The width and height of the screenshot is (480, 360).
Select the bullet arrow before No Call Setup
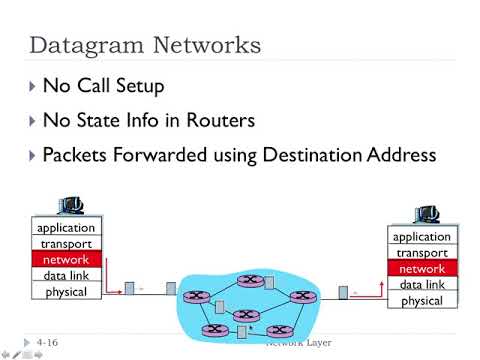pos(34,87)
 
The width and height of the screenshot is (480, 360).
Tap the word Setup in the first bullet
pos(159,87)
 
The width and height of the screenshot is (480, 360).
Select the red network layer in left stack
pos(66,260)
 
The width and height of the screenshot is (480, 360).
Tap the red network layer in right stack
pos(421,269)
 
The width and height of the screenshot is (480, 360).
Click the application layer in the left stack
pos(66,228)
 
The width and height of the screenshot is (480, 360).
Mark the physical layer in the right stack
pos(421,301)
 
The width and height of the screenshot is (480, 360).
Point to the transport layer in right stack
pos(421,253)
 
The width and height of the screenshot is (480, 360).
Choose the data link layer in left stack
pos(66,276)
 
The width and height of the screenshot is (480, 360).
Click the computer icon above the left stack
pos(69,208)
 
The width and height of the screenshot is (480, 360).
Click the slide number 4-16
pos(46,343)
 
